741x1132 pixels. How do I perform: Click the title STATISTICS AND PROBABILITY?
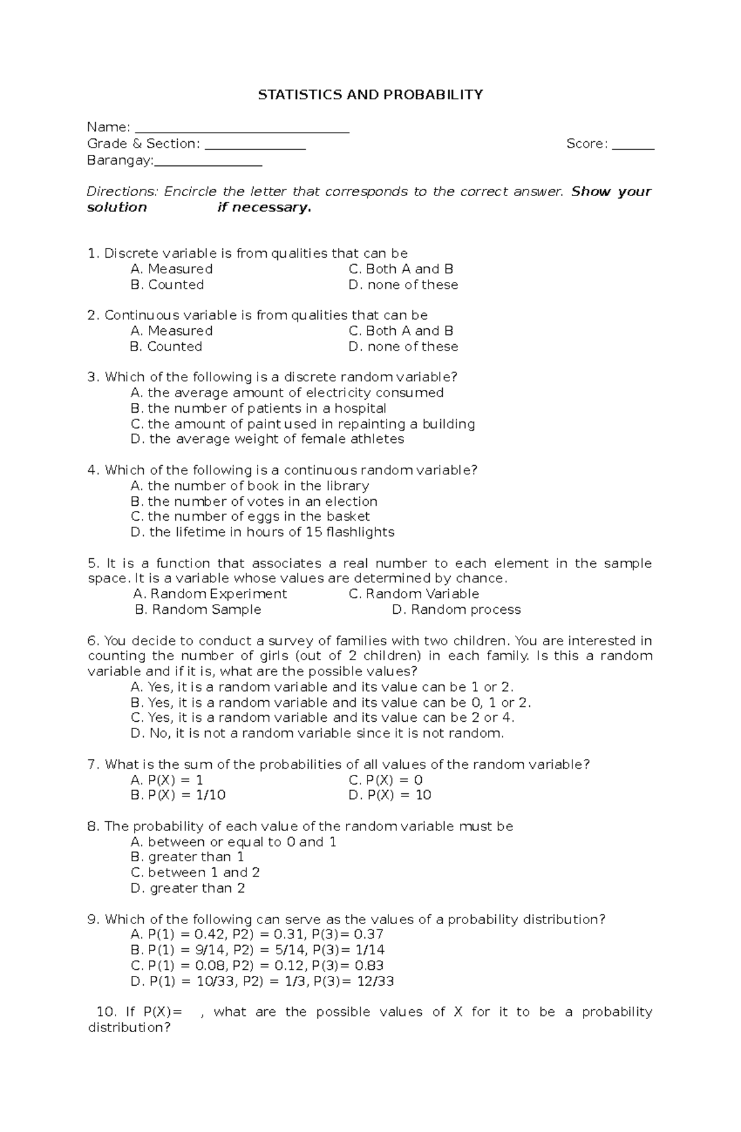[370, 94]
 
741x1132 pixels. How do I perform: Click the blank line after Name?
[241, 131]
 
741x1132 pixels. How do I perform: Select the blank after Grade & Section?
[255, 148]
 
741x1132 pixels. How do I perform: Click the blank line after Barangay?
[208, 165]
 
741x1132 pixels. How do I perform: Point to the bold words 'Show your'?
[611, 191]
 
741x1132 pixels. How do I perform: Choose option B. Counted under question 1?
[167, 284]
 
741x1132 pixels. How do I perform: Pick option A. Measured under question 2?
[171, 331]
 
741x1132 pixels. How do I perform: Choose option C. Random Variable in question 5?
[414, 593]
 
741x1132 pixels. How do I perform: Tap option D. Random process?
[456, 609]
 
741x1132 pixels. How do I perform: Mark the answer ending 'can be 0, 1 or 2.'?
[331, 702]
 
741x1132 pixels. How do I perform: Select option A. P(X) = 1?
[167, 780]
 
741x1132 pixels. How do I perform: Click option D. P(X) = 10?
[390, 795]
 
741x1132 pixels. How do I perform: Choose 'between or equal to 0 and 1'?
[233, 842]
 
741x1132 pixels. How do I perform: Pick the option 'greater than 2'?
[188, 888]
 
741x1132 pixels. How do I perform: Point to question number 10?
[106, 1012]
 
